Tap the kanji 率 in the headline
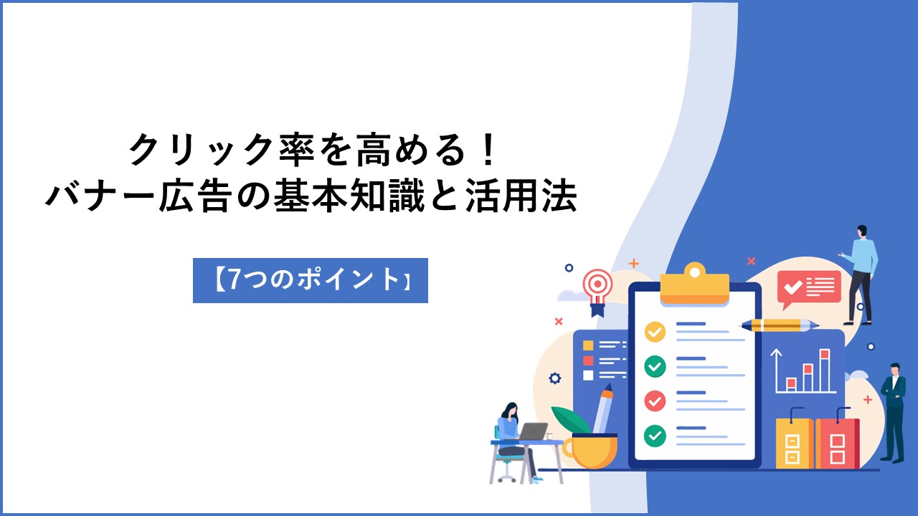(x=297, y=150)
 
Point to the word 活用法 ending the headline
(x=521, y=196)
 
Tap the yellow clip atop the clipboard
(x=695, y=283)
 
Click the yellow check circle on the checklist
(x=655, y=332)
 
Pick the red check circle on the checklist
(x=655, y=401)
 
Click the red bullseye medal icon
(x=598, y=292)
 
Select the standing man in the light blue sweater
(x=861, y=274)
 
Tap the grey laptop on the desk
(x=532, y=431)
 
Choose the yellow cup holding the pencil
(x=590, y=451)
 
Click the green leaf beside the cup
(x=570, y=420)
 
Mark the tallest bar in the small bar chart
(x=825, y=371)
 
